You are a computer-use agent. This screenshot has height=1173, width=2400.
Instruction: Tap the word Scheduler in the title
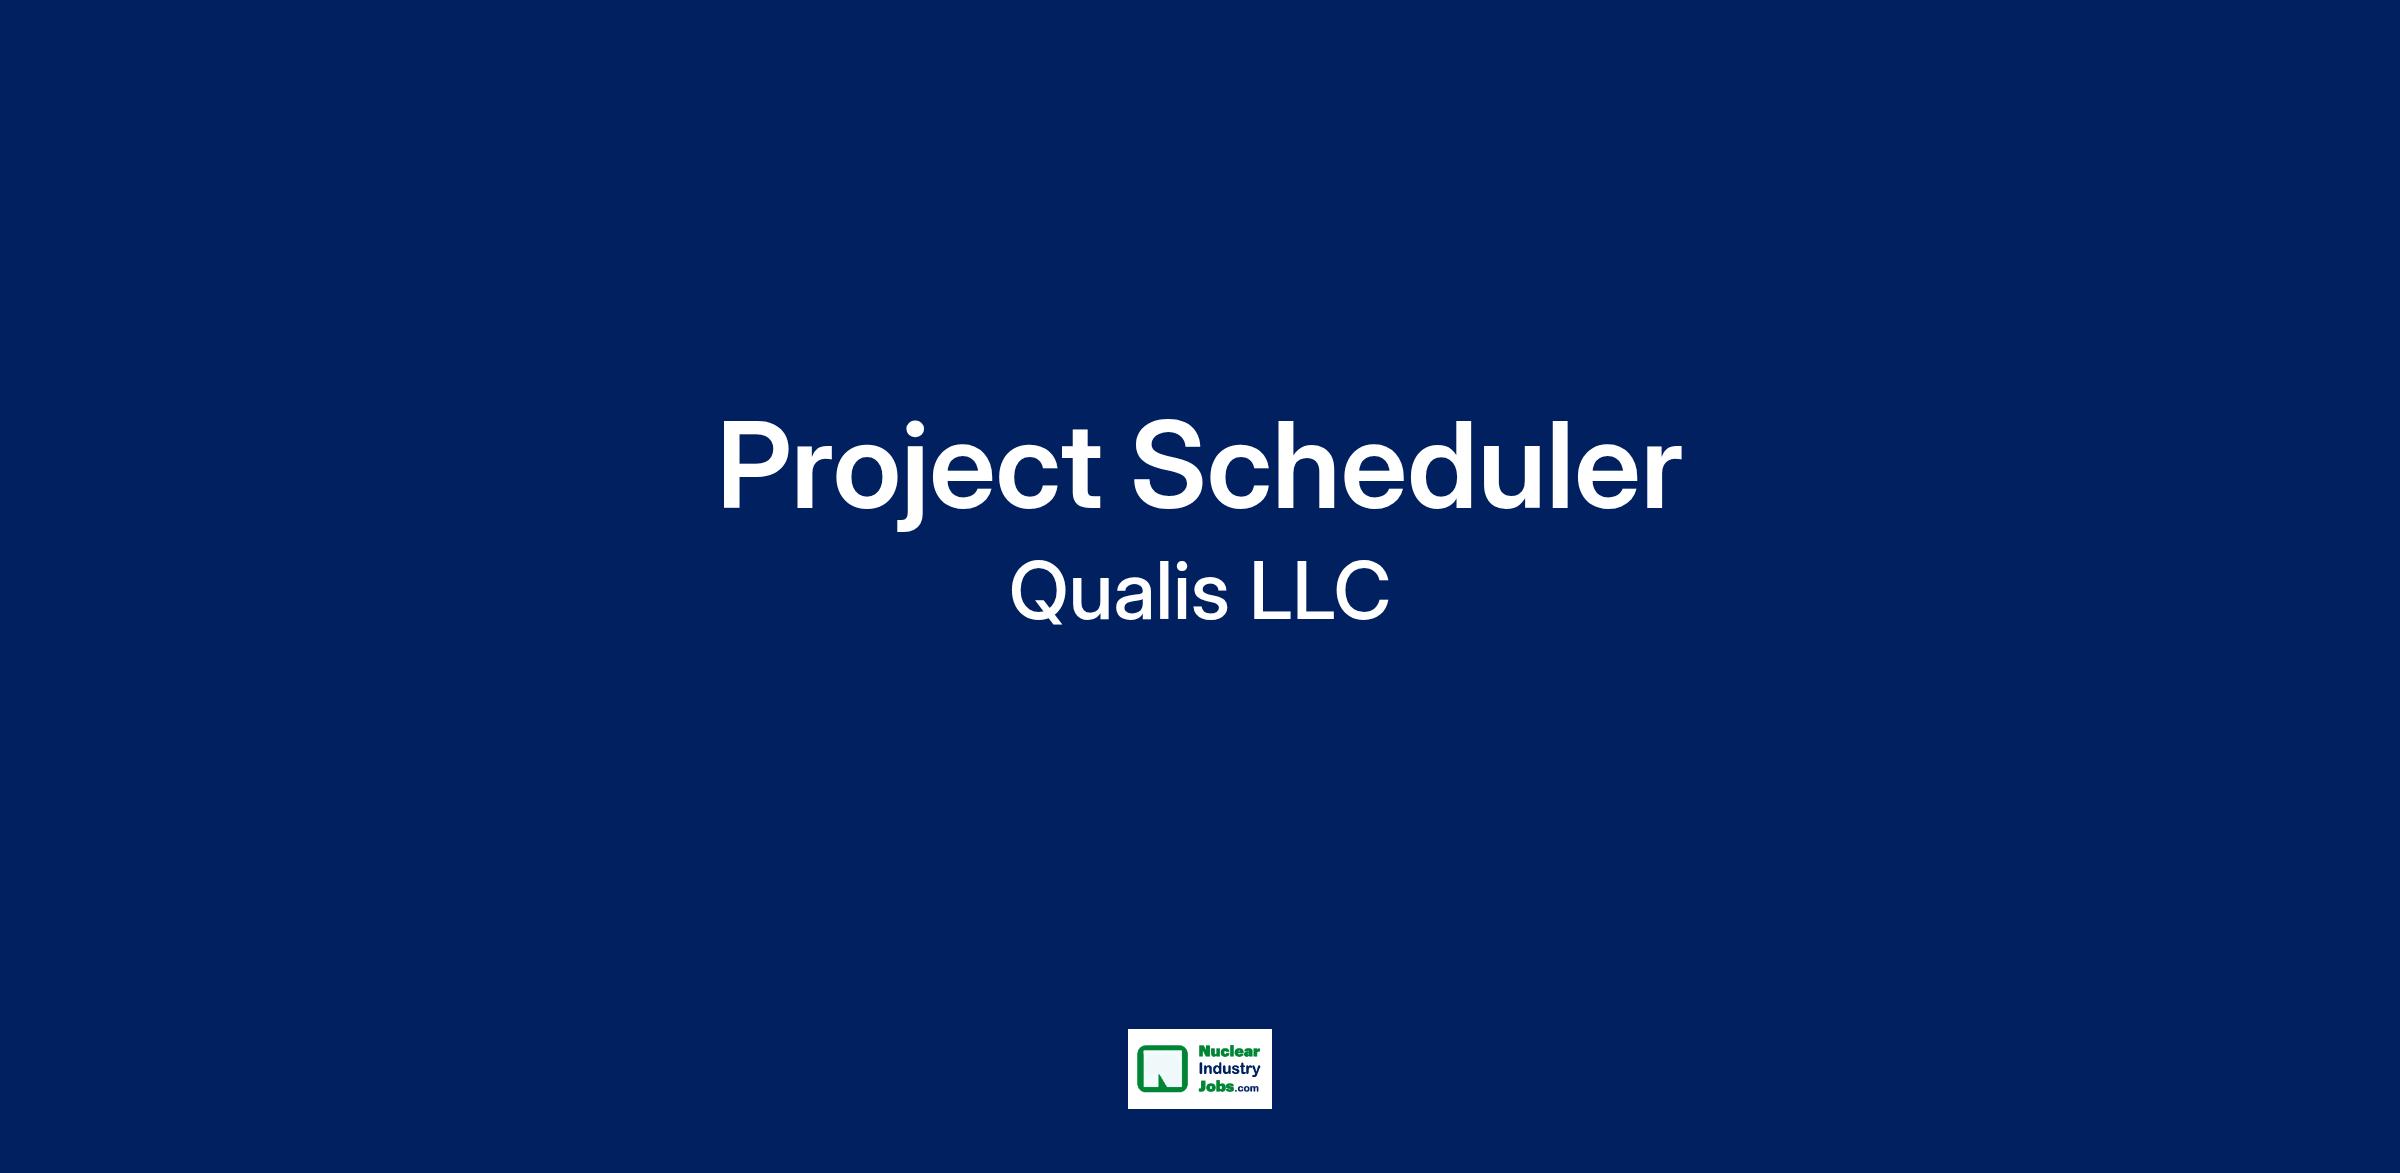1406,465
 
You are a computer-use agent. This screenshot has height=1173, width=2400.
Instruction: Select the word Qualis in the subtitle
1119,592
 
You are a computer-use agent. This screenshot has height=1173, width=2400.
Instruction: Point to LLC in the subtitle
1320,591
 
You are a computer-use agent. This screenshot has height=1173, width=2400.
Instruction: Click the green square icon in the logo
1162,1069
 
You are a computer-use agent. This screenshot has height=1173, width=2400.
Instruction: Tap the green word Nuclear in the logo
1229,1052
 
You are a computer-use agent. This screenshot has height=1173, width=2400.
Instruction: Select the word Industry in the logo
1229,1070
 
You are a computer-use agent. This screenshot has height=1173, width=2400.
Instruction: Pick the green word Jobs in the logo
1215,1087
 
